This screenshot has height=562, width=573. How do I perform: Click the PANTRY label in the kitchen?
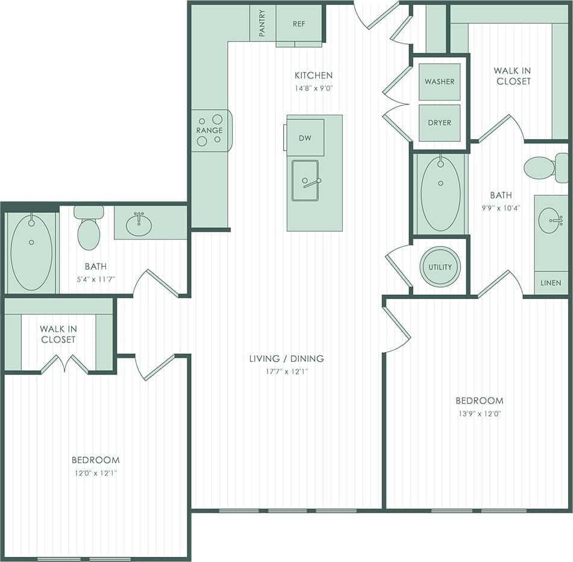coord(263,24)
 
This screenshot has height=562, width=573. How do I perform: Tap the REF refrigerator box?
coord(299,24)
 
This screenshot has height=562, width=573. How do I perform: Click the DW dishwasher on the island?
coord(305,137)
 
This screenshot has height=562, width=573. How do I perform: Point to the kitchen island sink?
coord(305,180)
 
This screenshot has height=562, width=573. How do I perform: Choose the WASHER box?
coord(439,81)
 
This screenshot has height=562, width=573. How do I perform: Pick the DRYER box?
coord(439,122)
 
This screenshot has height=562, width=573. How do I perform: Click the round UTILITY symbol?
coord(440,267)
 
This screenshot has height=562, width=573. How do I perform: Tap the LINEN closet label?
coord(551,283)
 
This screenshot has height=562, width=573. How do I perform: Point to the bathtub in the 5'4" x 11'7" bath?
coord(31,252)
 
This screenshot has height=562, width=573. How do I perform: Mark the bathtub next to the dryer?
coord(440,194)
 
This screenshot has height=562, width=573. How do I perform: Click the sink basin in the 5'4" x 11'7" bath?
coord(139,225)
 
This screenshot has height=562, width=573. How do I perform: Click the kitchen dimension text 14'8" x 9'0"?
coord(313,87)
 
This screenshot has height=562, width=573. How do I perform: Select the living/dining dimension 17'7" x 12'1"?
coord(286,371)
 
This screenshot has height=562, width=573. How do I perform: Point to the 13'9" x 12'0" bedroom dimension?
coord(479,413)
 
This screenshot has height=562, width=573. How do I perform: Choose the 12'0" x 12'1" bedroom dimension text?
coord(95,473)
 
